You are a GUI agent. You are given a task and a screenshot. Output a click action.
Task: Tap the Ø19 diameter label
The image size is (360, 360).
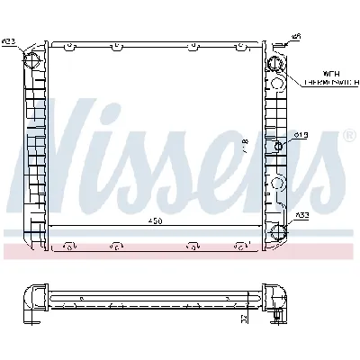(301, 136)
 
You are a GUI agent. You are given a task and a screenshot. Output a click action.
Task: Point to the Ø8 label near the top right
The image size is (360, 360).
(295, 37)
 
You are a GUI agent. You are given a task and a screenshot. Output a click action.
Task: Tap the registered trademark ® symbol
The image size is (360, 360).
(347, 137)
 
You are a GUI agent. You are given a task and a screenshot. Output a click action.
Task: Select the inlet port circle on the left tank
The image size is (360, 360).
(33, 61)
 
